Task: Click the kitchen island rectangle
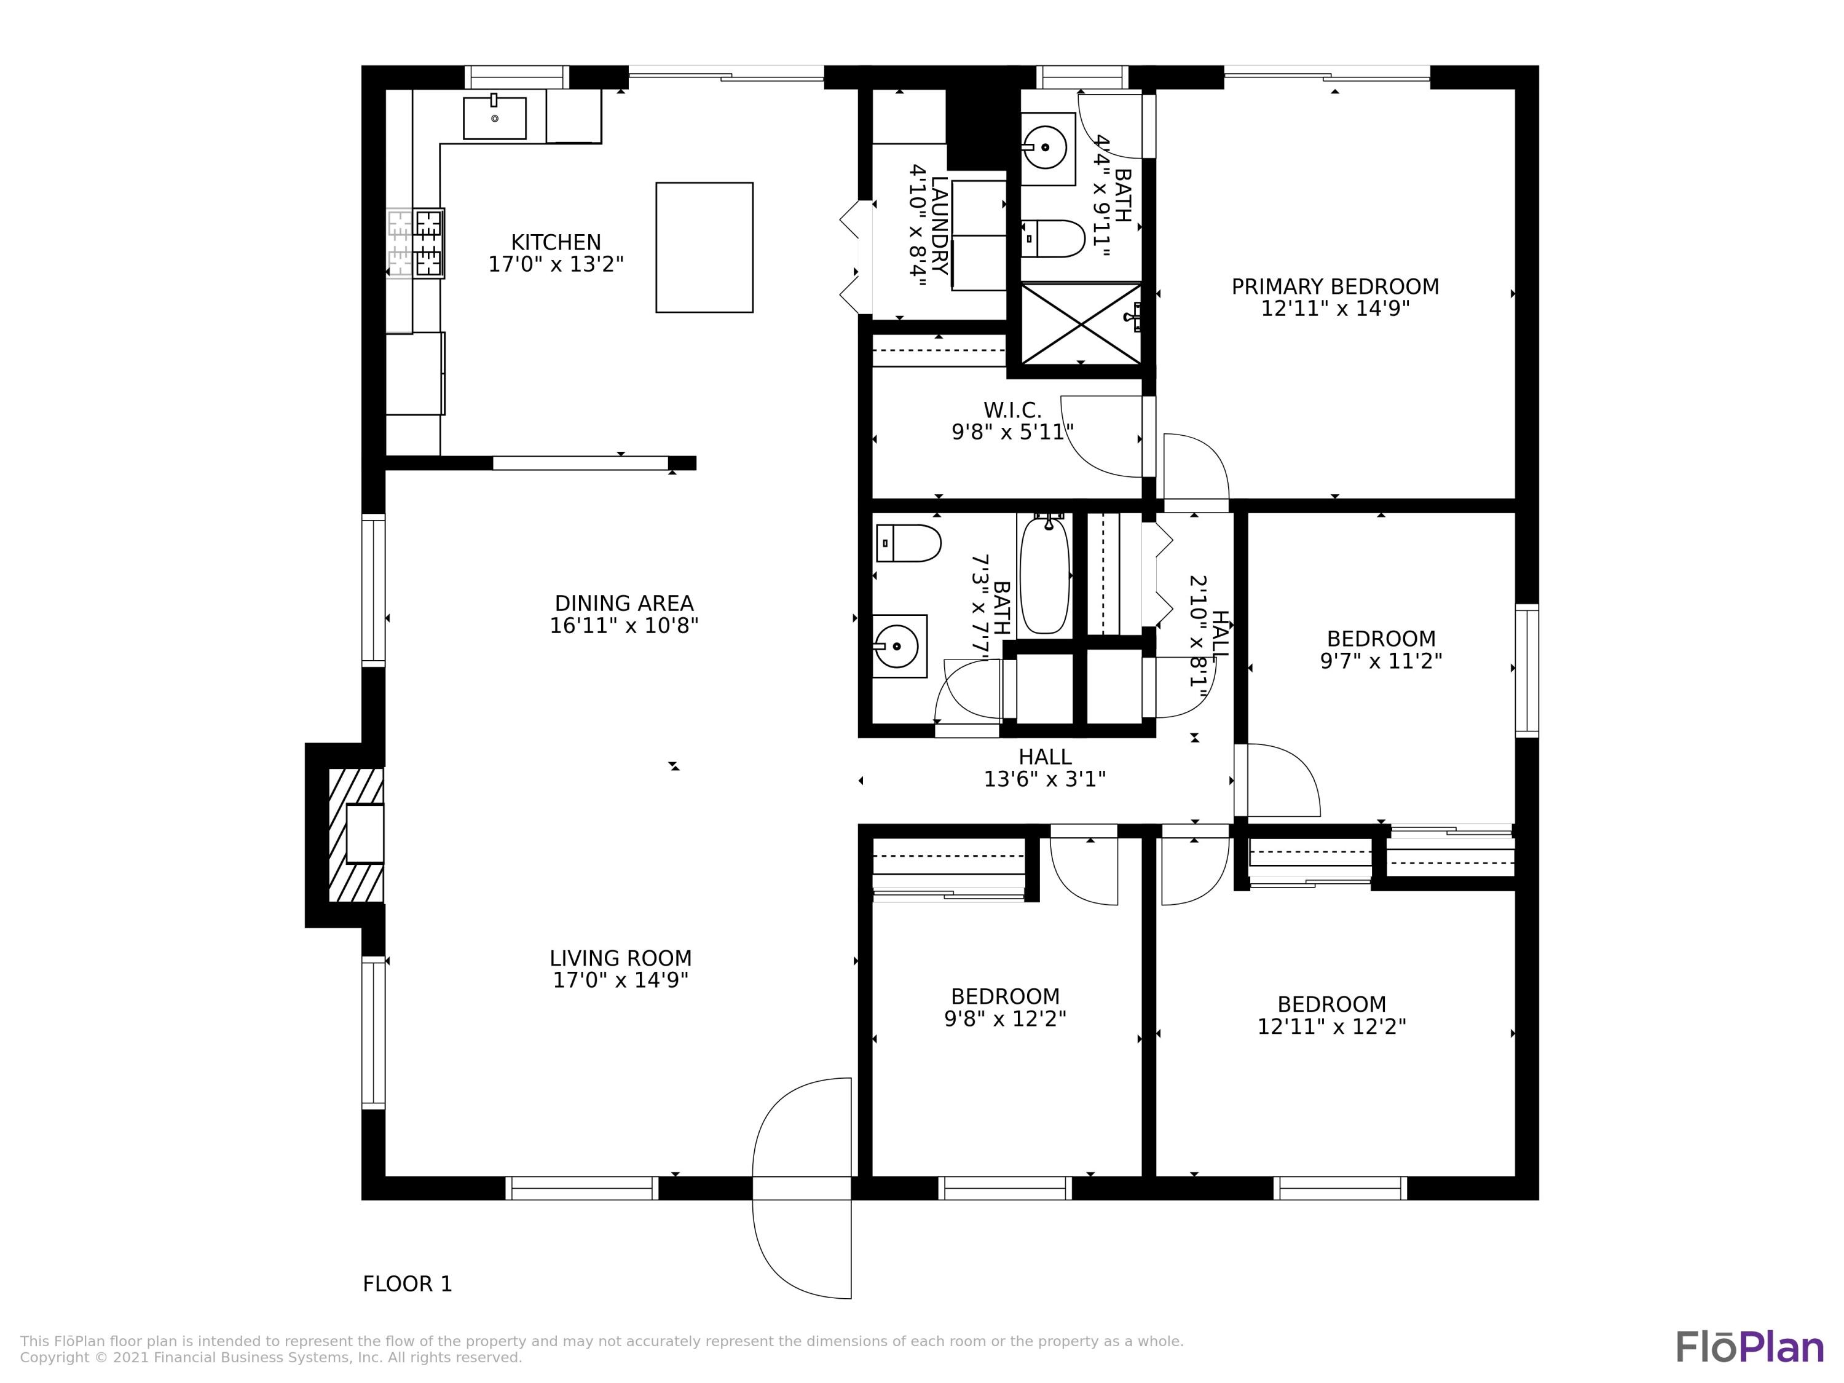coord(704,248)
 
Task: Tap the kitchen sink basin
coord(494,117)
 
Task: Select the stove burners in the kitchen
coord(428,243)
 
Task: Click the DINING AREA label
coord(623,604)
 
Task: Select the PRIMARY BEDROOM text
coord(1334,287)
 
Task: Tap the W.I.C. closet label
coord(1012,410)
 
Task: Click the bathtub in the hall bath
coord(1044,575)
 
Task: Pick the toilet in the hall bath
coord(908,543)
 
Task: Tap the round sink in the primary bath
coord(1044,148)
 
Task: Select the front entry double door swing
coord(802,1188)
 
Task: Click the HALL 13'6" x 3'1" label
coord(1044,768)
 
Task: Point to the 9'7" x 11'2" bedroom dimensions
coord(1381,661)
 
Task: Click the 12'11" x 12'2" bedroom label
coord(1331,1015)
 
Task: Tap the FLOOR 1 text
coord(407,1284)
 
